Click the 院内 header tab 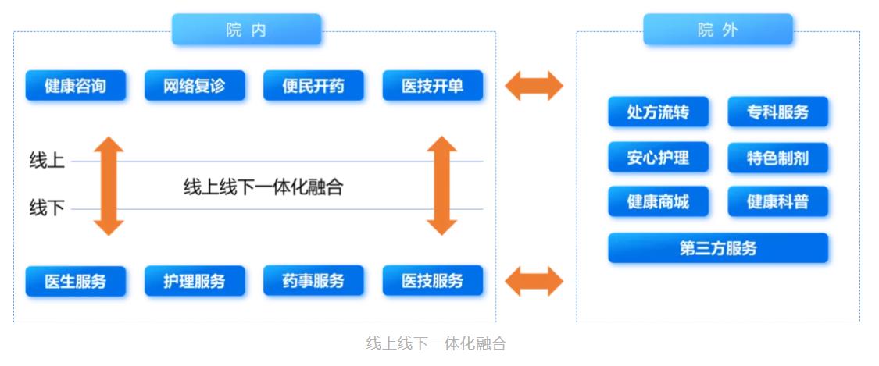click(x=247, y=30)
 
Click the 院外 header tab click(x=718, y=30)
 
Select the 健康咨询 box click(x=76, y=86)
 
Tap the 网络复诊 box click(x=195, y=86)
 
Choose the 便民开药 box click(x=313, y=86)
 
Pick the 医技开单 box click(x=433, y=86)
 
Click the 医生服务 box click(x=76, y=281)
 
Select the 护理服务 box click(x=195, y=281)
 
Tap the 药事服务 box click(x=313, y=281)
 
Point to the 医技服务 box click(x=433, y=281)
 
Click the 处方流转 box click(x=658, y=112)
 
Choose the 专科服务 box click(x=778, y=112)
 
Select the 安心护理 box click(x=658, y=158)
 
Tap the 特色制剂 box click(x=778, y=158)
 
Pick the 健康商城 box click(x=658, y=201)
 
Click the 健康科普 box click(x=778, y=201)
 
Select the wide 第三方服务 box click(x=718, y=248)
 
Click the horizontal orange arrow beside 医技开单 click(x=534, y=86)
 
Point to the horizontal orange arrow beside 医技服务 click(x=534, y=281)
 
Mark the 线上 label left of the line click(x=47, y=162)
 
